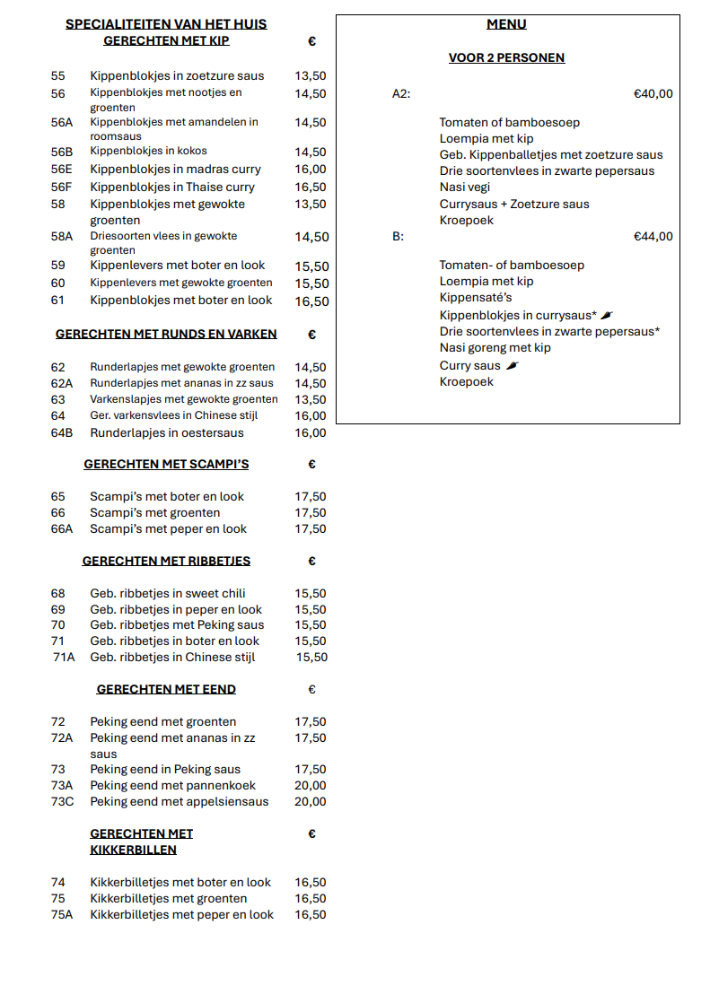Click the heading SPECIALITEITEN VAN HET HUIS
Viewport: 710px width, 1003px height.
166,24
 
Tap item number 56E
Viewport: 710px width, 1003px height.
62,169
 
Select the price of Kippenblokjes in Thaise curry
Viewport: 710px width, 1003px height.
311,187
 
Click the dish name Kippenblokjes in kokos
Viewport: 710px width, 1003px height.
148,151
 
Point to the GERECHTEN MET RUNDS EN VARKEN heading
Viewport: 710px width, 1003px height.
166,334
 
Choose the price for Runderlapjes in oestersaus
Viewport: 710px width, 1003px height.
311,432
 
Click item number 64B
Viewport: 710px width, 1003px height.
62,432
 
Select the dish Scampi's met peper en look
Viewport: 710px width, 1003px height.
168,528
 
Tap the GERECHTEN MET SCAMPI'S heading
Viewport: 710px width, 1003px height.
166,464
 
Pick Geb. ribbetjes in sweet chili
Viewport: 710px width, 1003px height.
167,593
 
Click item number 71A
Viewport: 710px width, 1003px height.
64,657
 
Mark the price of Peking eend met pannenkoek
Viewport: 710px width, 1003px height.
311,785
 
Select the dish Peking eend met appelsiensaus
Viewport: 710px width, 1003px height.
179,801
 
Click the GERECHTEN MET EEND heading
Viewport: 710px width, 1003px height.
166,689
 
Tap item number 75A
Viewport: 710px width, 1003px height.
62,914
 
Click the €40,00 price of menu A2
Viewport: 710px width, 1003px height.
653,93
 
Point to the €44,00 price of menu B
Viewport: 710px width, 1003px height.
653,237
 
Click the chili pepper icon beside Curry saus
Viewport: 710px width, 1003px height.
513,365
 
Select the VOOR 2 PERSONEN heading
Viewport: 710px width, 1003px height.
506,57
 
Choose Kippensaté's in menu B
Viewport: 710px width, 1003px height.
476,297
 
